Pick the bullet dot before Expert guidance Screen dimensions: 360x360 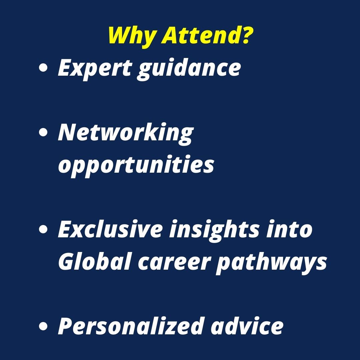[43, 69]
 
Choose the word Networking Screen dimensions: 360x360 [125, 133]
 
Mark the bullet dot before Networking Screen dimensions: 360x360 [43, 133]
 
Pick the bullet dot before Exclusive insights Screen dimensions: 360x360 [43, 230]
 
